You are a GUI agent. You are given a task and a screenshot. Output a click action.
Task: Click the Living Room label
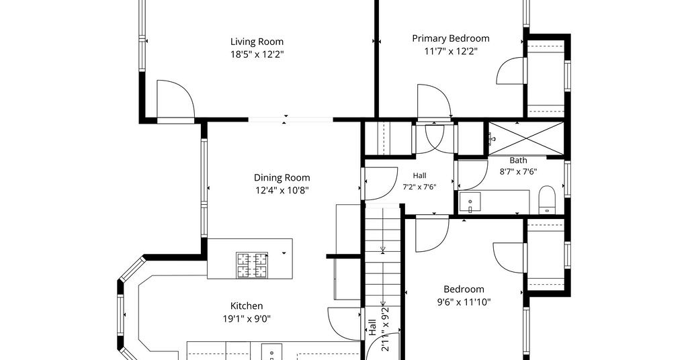(257, 42)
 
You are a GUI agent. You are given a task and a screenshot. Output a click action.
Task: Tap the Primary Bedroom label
(451, 38)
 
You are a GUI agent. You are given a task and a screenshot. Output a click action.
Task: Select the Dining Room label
(282, 177)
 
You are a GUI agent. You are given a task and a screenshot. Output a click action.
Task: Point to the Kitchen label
(247, 306)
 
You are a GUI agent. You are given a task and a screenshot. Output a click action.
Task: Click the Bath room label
(518, 160)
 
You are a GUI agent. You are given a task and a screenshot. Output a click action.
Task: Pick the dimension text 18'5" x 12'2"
(257, 54)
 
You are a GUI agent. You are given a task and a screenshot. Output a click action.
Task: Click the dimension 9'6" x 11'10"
(464, 302)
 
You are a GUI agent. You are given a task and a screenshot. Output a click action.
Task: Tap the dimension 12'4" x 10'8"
(282, 190)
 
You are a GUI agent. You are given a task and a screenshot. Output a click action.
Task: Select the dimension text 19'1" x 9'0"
(247, 319)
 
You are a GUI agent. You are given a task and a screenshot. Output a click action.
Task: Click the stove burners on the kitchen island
(252, 265)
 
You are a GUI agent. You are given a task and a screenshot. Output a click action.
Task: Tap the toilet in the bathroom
(547, 200)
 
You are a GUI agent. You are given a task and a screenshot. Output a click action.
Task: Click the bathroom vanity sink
(470, 203)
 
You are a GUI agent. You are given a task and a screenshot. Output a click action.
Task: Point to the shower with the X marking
(525, 138)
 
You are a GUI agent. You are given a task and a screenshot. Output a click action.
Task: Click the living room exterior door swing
(175, 99)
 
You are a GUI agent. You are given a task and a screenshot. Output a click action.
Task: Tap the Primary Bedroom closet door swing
(511, 71)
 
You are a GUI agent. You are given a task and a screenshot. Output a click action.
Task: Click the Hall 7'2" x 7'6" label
(419, 181)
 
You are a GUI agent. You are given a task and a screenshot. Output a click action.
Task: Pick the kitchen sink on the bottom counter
(273, 352)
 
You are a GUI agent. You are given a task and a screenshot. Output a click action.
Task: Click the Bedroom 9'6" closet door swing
(509, 258)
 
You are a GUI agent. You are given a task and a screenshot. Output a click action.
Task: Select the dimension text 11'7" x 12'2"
(451, 51)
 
